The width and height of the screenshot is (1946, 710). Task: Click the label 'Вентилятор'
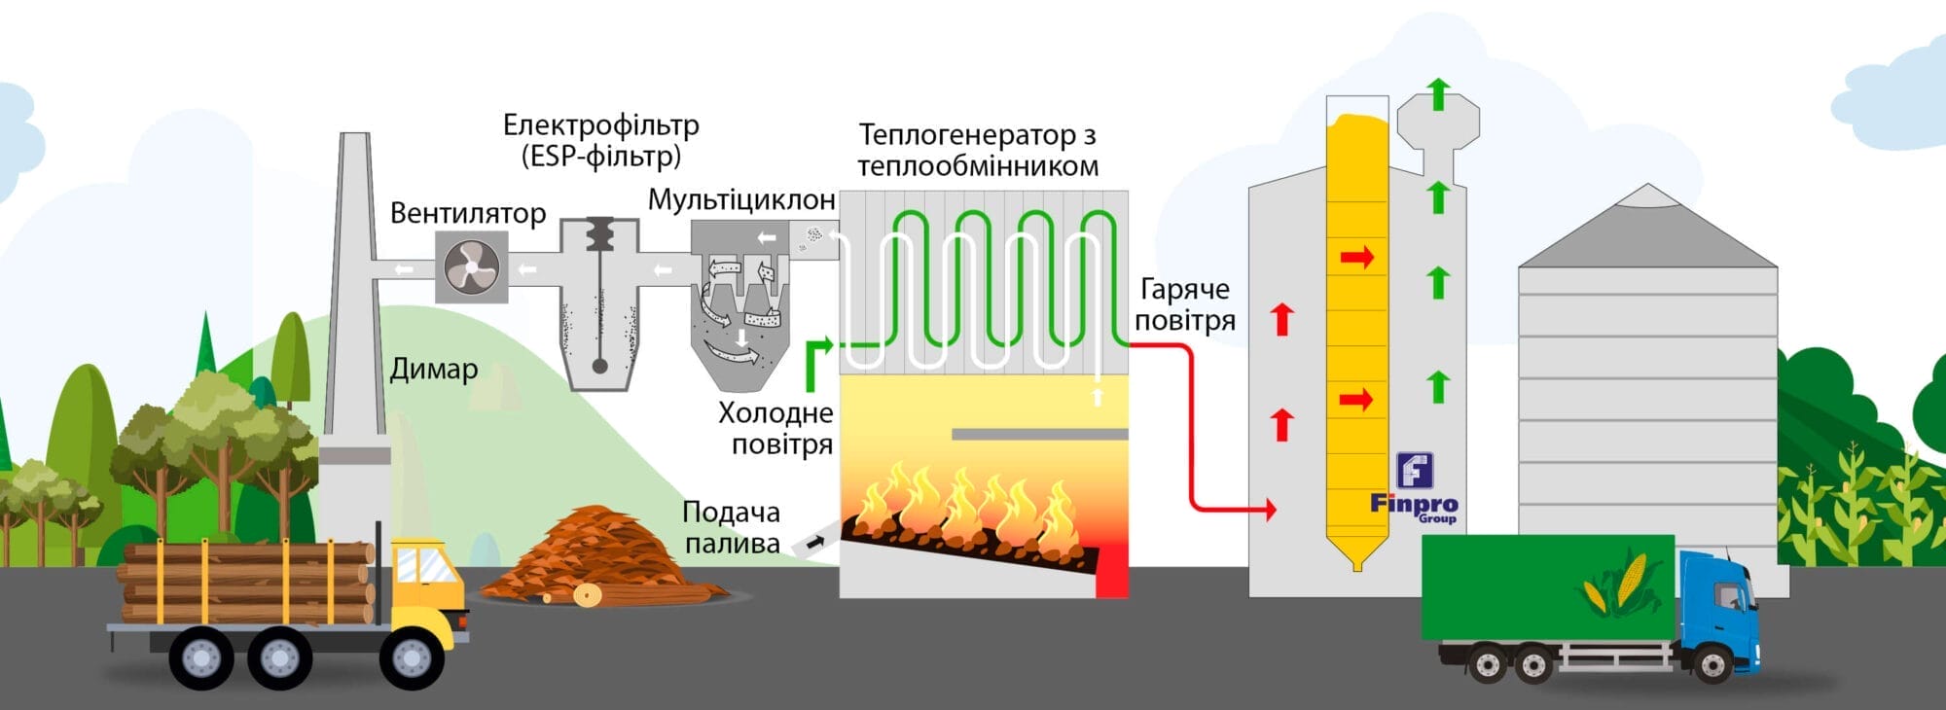click(x=468, y=213)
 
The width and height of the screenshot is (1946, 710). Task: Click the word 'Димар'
click(x=434, y=370)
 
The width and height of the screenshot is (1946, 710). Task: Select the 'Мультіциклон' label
click(x=741, y=200)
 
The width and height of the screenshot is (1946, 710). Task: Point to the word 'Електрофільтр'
click(x=600, y=125)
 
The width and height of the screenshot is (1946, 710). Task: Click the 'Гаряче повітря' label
click(x=1184, y=304)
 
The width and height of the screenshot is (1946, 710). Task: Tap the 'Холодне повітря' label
click(x=775, y=428)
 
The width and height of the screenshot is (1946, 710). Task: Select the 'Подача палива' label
click(x=732, y=527)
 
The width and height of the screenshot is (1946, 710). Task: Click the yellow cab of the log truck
click(x=426, y=584)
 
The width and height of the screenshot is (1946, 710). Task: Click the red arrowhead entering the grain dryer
click(x=1269, y=509)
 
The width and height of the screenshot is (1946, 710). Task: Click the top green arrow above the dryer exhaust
click(x=1438, y=94)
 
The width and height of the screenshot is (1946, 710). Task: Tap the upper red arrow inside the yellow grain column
click(x=1356, y=258)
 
